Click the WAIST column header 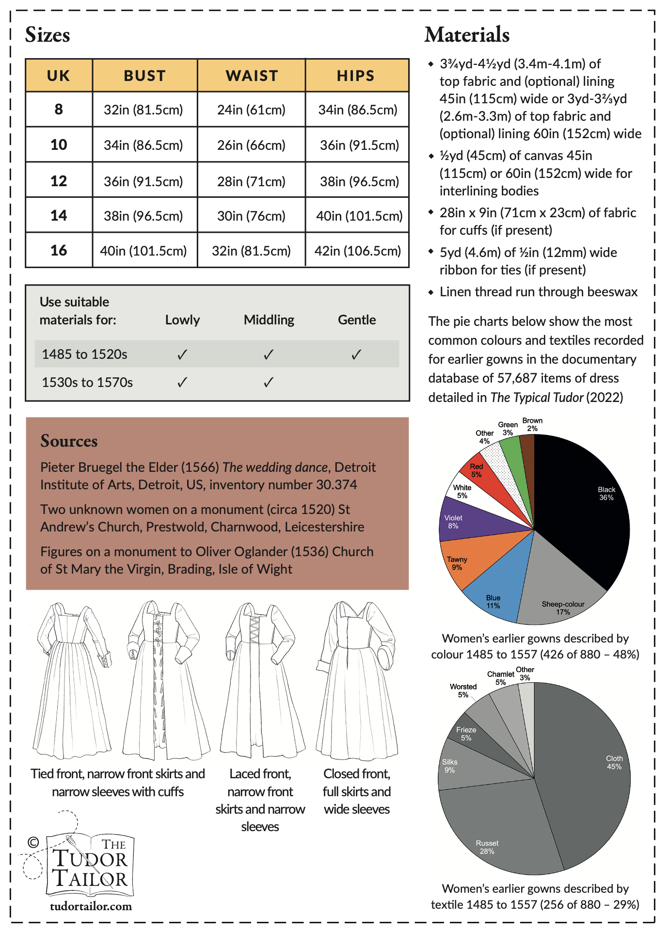pyautogui.click(x=252, y=76)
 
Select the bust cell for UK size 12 pyautogui.click(x=143, y=181)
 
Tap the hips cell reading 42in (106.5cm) pyautogui.click(x=358, y=251)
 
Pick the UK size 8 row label pyautogui.click(x=59, y=110)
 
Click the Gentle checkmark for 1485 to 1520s pyautogui.click(x=356, y=354)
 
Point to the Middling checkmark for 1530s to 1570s pyautogui.click(x=269, y=383)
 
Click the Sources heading pyautogui.click(x=69, y=441)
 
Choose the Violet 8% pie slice pyautogui.click(x=461, y=521)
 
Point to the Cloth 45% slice pyautogui.click(x=591, y=766)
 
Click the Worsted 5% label pyautogui.click(x=463, y=691)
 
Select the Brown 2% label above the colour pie pyautogui.click(x=532, y=424)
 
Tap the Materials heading pyautogui.click(x=467, y=35)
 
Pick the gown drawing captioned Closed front pyautogui.click(x=357, y=679)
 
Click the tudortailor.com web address pyautogui.click(x=91, y=906)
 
